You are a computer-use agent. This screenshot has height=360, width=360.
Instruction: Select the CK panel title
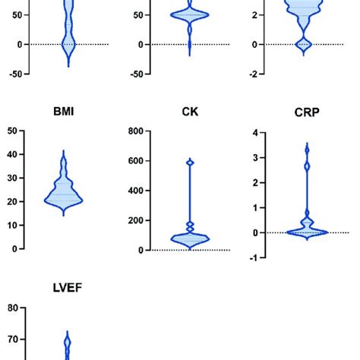click(190, 111)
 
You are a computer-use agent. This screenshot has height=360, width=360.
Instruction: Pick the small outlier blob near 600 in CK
click(190, 162)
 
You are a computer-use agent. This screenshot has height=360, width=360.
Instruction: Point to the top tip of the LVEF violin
click(67, 332)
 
